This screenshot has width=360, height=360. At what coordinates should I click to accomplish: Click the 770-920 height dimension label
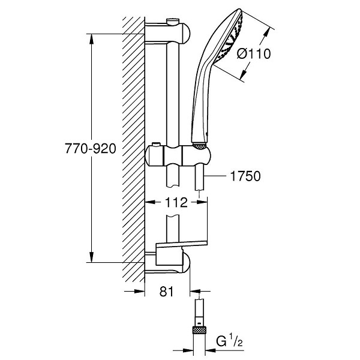pyautogui.click(x=91, y=149)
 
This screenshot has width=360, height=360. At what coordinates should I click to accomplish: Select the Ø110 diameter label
pyautogui.click(x=254, y=54)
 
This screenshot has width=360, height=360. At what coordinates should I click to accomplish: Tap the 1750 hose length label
pyautogui.click(x=245, y=176)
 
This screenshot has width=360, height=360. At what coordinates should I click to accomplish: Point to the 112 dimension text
pyautogui.click(x=176, y=203)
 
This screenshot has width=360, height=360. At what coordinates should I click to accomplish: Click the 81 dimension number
pyautogui.click(x=167, y=292)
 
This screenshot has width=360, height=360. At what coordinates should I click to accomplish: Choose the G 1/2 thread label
pyautogui.click(x=229, y=341)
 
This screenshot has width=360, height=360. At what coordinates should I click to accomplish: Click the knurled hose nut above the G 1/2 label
pyautogui.click(x=199, y=330)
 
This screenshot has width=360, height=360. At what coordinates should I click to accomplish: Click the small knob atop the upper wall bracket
pyautogui.click(x=173, y=22)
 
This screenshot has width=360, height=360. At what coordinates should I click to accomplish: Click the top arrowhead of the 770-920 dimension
pyautogui.click(x=92, y=39)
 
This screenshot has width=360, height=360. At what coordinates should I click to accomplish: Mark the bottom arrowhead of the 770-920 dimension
pyautogui.click(x=92, y=257)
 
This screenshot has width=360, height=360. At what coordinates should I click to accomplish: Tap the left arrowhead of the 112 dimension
pyautogui.click(x=150, y=202)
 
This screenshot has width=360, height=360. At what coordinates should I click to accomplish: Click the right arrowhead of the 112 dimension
pyautogui.click(x=202, y=202)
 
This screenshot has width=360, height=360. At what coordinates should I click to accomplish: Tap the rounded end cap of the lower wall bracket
pyautogui.click(x=187, y=263)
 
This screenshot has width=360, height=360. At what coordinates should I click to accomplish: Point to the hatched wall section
pyautogui.click(x=133, y=149)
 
